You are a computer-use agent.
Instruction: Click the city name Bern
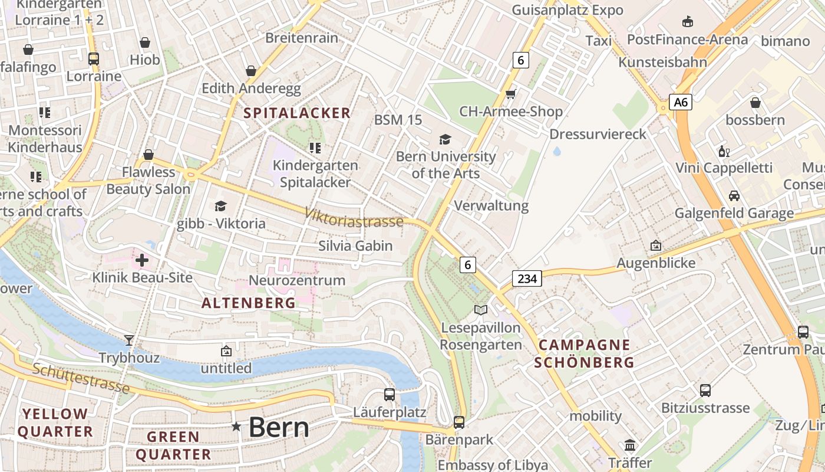coord(279,427)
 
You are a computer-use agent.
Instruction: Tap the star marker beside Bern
coord(236,426)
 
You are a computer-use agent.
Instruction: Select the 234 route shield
coord(526,278)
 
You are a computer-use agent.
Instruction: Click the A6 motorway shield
coord(681,102)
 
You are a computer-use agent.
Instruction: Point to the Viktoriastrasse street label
coord(354,217)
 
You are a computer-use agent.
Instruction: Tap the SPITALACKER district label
coord(297,113)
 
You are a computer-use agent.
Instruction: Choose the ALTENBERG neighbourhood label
coord(248,303)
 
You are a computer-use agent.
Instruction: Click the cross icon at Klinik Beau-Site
coord(142,260)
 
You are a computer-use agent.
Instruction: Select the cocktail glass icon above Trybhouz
coord(129,340)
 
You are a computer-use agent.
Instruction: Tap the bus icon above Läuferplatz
coord(389,394)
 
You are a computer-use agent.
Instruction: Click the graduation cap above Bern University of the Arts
coord(445,139)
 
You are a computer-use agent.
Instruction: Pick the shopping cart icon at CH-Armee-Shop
coord(510,94)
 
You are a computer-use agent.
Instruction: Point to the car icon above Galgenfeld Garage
coord(734,195)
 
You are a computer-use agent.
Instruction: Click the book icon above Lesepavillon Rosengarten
coord(481,310)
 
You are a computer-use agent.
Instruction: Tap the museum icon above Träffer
coord(630,445)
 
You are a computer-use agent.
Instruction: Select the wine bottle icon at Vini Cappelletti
coord(724,151)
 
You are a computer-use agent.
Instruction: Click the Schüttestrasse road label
coord(81,378)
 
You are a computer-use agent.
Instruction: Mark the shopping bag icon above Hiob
coord(145,42)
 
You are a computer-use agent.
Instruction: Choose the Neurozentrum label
coord(297,280)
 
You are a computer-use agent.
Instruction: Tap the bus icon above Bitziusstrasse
coord(705,390)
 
